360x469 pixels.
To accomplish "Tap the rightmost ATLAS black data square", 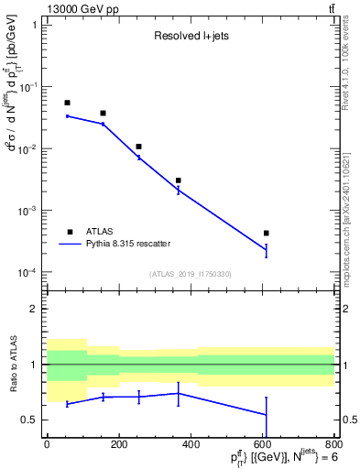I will (266, 234).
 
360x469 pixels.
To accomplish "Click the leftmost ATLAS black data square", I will (67, 103).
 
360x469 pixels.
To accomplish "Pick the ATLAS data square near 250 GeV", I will (138, 147).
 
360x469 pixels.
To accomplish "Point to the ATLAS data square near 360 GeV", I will (179, 180).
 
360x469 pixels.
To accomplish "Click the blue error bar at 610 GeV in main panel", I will (266, 249).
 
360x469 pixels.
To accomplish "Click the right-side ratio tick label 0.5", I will (345, 420).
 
